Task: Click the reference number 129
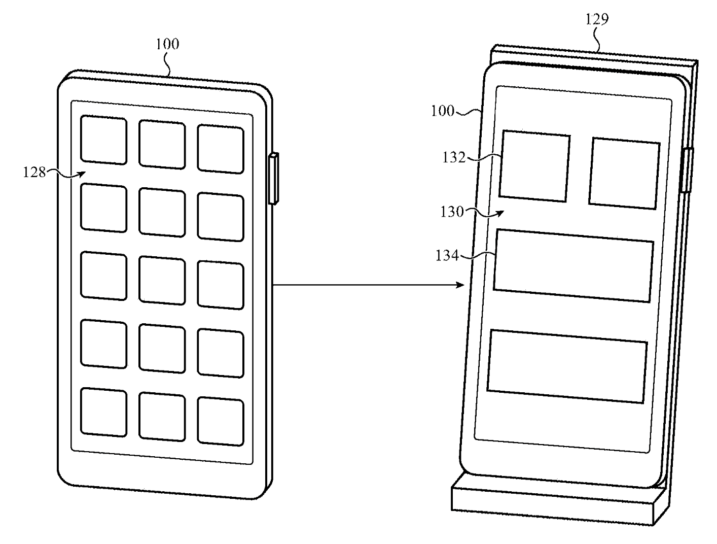coord(597,19)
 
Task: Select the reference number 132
coord(454,158)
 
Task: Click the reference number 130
coord(452,212)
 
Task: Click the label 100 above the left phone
coord(167,44)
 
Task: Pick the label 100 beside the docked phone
coord(443,111)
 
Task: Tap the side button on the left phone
coord(273,178)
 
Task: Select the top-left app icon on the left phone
coord(104,140)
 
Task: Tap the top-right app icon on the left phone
coord(221,149)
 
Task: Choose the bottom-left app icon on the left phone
coord(104,412)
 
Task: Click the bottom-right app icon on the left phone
coord(221,421)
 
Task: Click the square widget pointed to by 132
coord(534,168)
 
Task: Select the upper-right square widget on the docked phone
coord(624,173)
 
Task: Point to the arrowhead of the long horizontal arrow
coord(461,285)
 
